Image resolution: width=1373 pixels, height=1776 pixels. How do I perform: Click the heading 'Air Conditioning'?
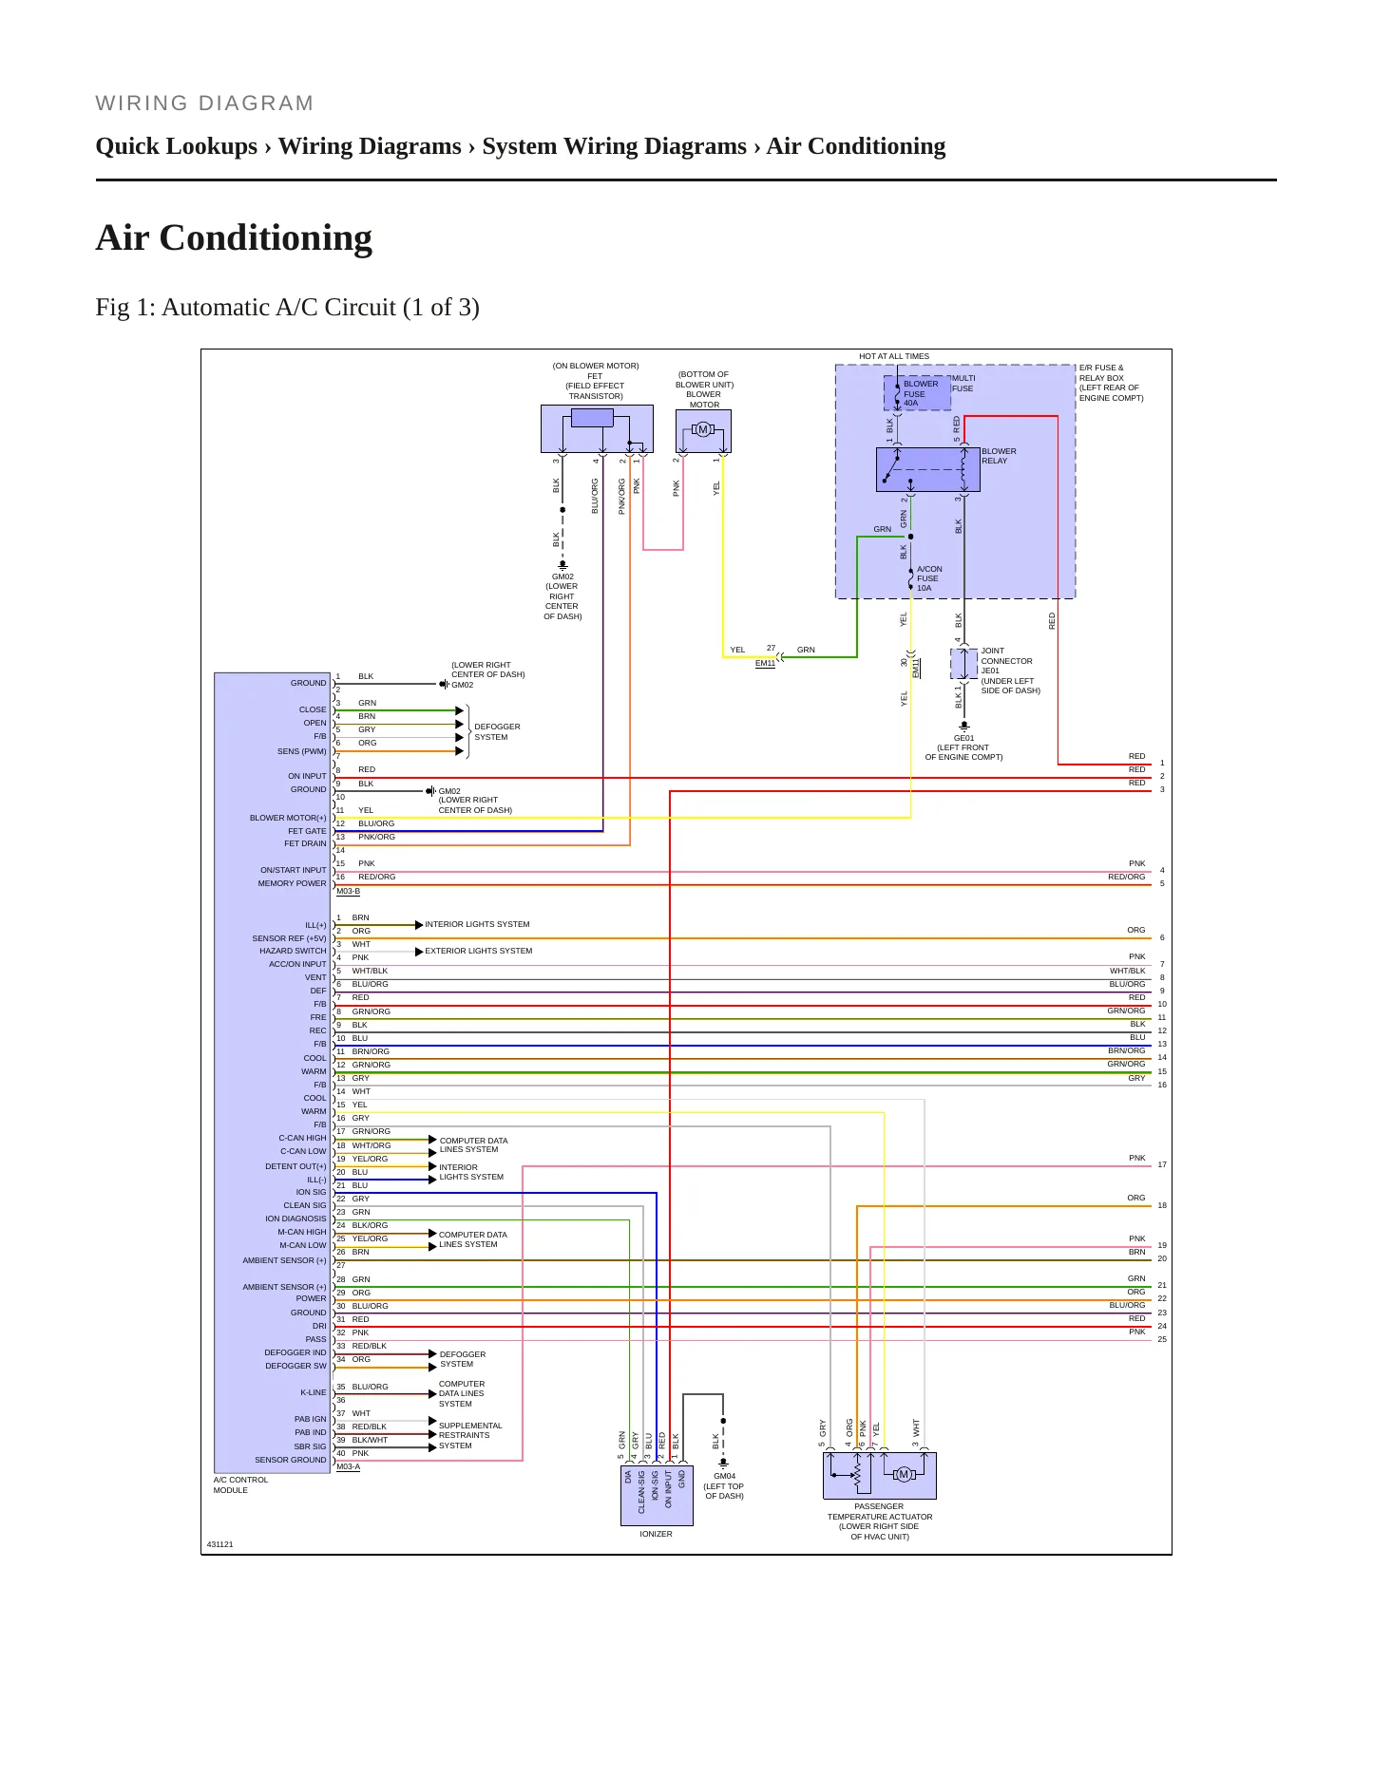234,237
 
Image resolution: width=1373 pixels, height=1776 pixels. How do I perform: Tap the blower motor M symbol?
703,430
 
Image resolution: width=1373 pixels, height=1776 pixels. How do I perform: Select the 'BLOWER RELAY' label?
999,456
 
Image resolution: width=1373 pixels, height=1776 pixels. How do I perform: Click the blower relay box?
927,469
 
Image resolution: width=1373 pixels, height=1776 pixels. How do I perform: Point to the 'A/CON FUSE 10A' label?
929,578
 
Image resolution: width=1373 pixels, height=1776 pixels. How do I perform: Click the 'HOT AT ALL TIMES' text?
894,357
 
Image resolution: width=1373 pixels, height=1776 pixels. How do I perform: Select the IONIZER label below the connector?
656,1534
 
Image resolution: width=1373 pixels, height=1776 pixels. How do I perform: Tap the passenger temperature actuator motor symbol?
904,1474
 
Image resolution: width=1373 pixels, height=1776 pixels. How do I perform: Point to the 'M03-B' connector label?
348,891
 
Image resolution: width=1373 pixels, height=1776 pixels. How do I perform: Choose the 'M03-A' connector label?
348,1466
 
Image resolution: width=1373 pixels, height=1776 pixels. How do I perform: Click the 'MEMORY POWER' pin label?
292,883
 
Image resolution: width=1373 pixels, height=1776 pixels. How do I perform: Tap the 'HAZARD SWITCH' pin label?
293,951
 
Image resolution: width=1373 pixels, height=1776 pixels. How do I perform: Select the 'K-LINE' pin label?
314,1392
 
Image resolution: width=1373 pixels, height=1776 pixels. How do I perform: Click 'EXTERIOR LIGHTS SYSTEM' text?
479,951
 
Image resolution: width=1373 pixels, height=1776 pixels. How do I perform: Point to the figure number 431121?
219,1544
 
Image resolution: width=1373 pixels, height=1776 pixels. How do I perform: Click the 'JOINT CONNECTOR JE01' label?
1006,661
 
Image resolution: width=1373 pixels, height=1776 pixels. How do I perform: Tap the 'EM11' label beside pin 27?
765,663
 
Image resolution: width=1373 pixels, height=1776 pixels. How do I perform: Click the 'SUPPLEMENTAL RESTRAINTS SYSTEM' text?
470,1435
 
